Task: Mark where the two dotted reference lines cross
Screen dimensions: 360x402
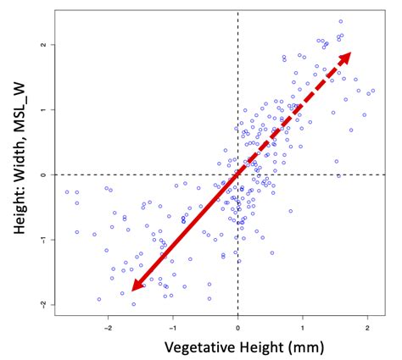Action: click(x=237, y=174)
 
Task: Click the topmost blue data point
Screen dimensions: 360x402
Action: click(x=341, y=22)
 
